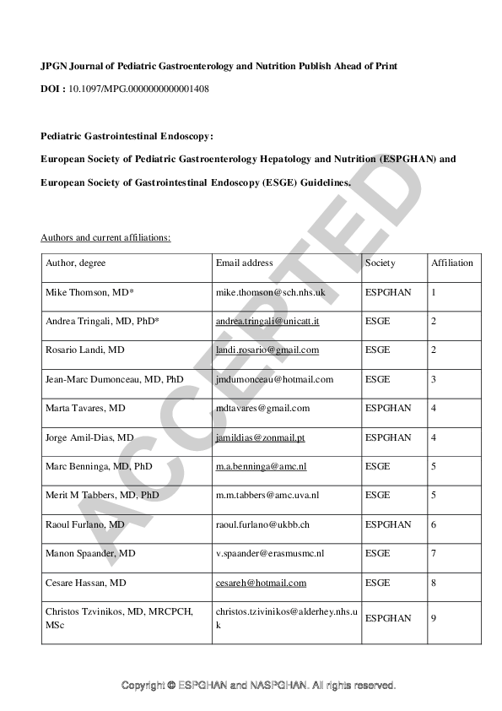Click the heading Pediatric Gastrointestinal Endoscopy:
[127, 135]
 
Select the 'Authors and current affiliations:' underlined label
[105, 237]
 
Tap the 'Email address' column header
[244, 263]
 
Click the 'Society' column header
[380, 263]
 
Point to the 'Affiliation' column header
[452, 263]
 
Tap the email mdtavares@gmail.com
[262, 408]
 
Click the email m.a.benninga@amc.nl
[258, 466]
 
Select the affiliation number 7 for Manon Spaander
[434, 554]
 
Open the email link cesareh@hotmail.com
[261, 583]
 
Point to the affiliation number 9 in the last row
[434, 618]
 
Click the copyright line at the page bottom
[258, 685]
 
